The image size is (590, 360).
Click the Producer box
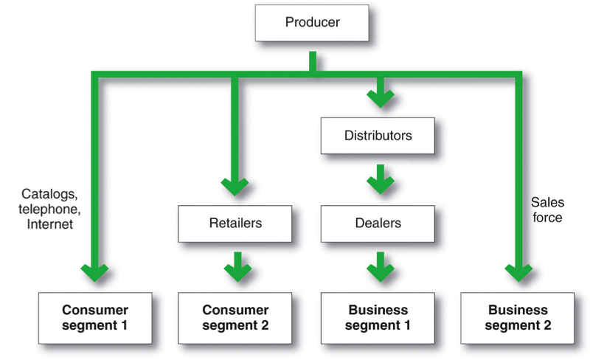312,23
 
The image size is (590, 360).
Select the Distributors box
378,136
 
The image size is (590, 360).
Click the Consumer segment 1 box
95,318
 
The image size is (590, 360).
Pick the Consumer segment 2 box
235,318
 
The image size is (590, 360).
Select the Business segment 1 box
378,318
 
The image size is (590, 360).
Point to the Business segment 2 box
518,318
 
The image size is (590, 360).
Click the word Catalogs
50,195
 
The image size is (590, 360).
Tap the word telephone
49,209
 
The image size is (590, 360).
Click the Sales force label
546,209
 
